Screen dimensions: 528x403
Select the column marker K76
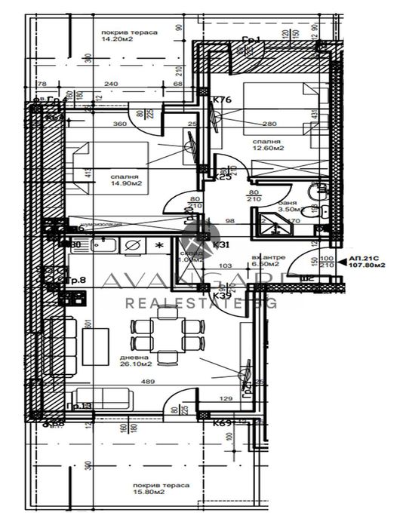(x=220, y=99)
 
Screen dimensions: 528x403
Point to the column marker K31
(x=221, y=244)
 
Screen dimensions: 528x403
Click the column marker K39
(x=222, y=296)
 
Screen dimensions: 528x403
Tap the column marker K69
(x=222, y=423)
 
